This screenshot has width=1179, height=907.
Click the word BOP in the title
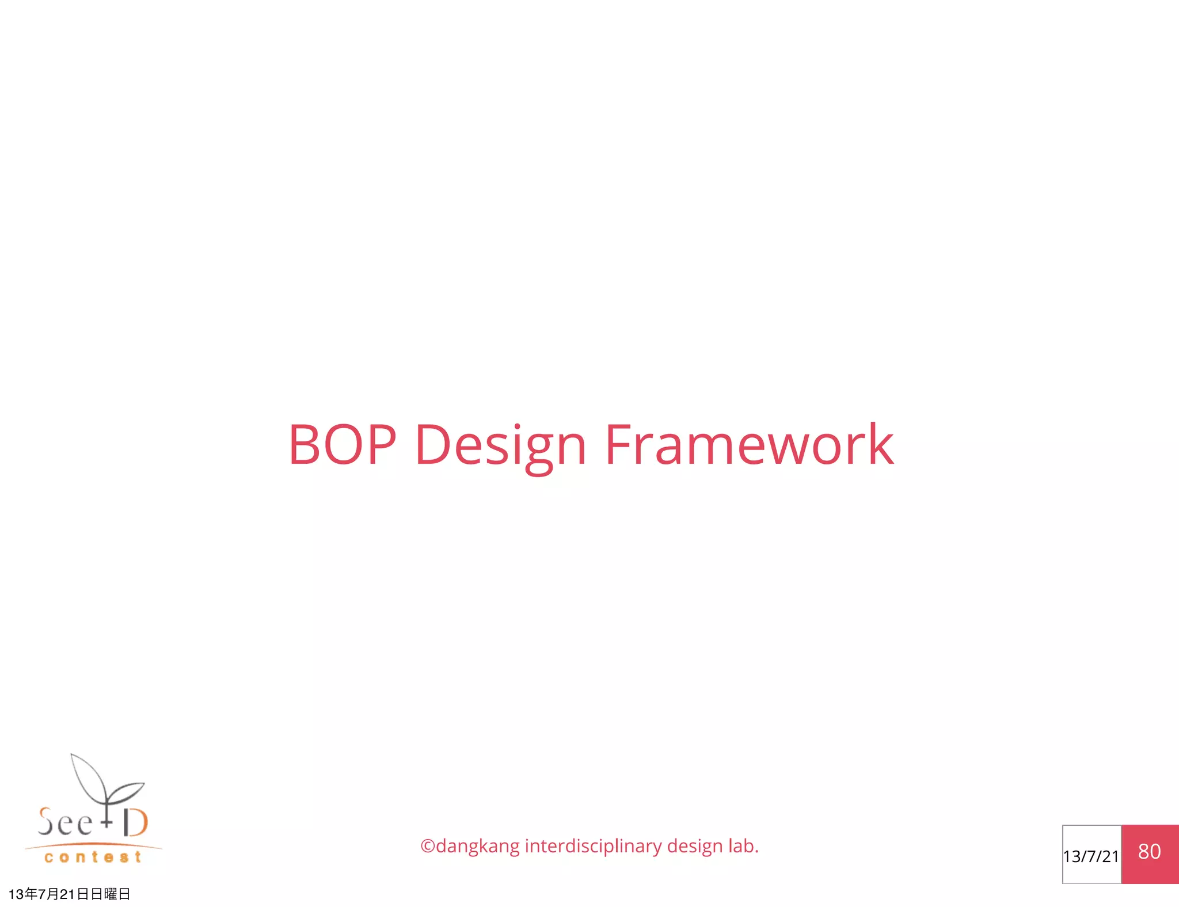(342, 444)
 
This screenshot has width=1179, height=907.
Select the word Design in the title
(500, 446)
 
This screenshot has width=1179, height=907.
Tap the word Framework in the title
(749, 444)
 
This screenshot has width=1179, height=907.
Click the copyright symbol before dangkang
(427, 846)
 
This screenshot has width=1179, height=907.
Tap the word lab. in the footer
(743, 845)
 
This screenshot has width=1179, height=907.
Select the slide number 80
(1149, 851)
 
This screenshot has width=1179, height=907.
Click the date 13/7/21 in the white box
(1090, 856)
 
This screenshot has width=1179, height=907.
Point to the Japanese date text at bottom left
(69, 894)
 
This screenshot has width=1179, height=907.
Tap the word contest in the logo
(93, 858)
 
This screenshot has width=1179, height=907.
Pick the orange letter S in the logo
(46, 821)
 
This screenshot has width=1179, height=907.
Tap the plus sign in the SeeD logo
(107, 822)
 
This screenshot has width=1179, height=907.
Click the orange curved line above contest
(93, 845)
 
